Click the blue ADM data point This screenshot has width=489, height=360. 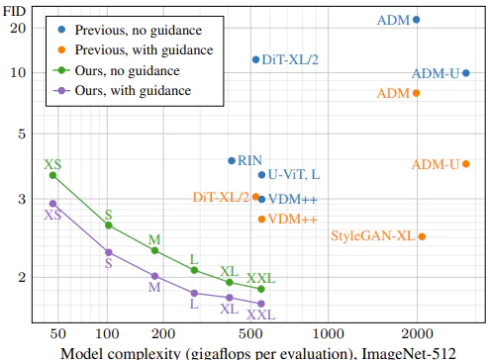(x=417, y=20)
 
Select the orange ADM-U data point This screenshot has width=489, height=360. (x=466, y=164)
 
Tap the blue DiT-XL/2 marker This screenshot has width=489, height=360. (x=255, y=59)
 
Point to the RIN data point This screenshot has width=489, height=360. (x=232, y=160)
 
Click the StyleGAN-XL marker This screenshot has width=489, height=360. (x=422, y=236)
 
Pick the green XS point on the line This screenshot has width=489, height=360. (x=52, y=175)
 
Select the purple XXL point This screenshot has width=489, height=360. (x=261, y=304)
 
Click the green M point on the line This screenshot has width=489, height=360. (x=154, y=250)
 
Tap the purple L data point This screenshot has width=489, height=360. (x=194, y=293)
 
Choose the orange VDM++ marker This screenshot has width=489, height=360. (x=261, y=220)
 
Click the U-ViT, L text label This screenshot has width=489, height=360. (x=294, y=174)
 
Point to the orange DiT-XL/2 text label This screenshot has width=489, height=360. (x=221, y=197)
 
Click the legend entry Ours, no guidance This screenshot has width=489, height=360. (x=127, y=70)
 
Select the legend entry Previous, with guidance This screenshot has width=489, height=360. (x=144, y=50)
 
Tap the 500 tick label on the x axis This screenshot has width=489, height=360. (x=250, y=333)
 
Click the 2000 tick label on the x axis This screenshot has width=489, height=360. (x=417, y=333)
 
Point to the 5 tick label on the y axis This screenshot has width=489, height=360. (x=22, y=134)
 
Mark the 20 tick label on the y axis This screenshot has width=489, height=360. (x=18, y=29)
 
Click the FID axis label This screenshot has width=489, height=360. (x=14, y=11)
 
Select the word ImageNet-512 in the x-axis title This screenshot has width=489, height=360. (x=409, y=353)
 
